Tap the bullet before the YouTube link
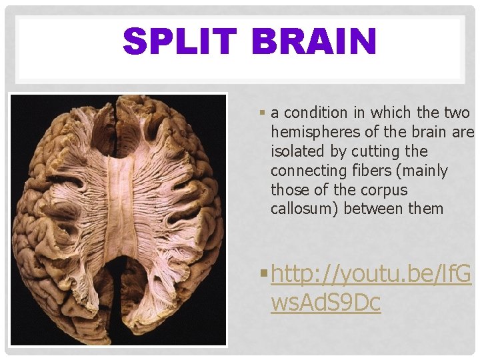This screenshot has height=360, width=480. coord(265,273)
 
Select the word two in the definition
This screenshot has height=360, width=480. coord(455,113)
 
